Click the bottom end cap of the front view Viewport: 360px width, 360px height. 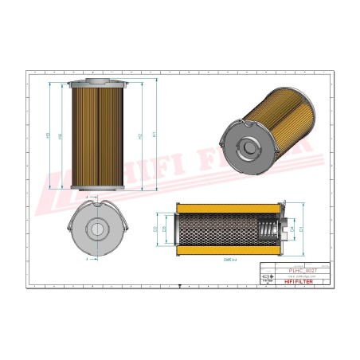pos(97,191)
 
